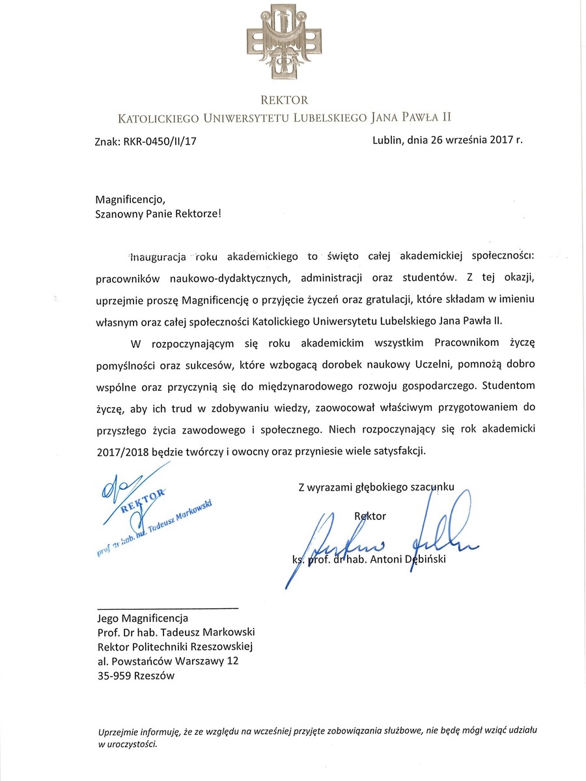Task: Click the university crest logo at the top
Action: [x=284, y=40]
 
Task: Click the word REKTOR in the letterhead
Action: [x=284, y=100]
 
